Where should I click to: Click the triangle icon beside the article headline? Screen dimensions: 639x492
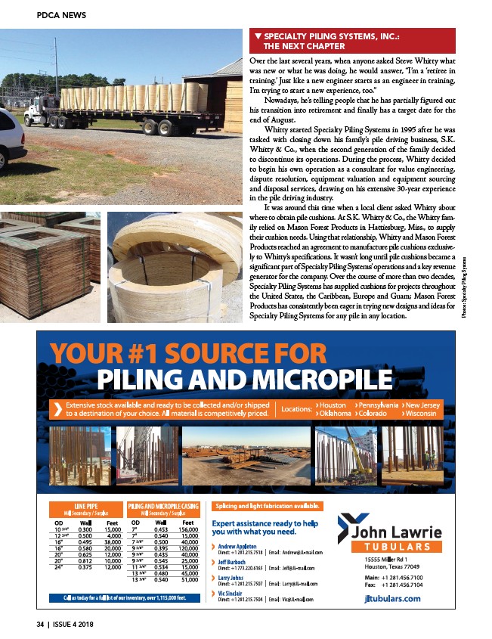pyautogui.click(x=258, y=36)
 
